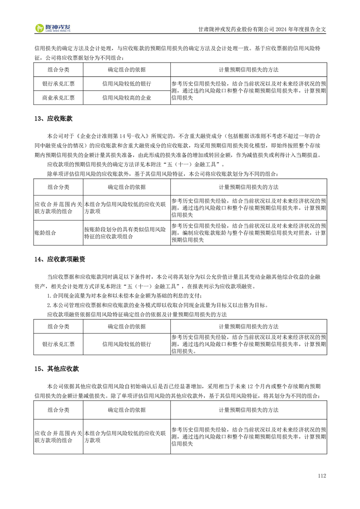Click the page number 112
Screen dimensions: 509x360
tap(322, 476)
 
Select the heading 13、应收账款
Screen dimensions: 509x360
tap(53, 119)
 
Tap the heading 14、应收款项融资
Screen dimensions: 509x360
tap(59, 259)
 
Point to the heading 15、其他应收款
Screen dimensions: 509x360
tap(56, 369)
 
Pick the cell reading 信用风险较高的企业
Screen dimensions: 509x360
tap(127, 97)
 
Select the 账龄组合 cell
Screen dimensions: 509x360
tap(45, 233)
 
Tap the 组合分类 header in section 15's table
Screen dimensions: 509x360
tap(58, 410)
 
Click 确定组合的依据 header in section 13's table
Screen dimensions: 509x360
tap(127, 187)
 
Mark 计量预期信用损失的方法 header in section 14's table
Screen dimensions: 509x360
tap(248, 327)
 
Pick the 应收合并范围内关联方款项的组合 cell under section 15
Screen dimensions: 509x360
tap(58, 436)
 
